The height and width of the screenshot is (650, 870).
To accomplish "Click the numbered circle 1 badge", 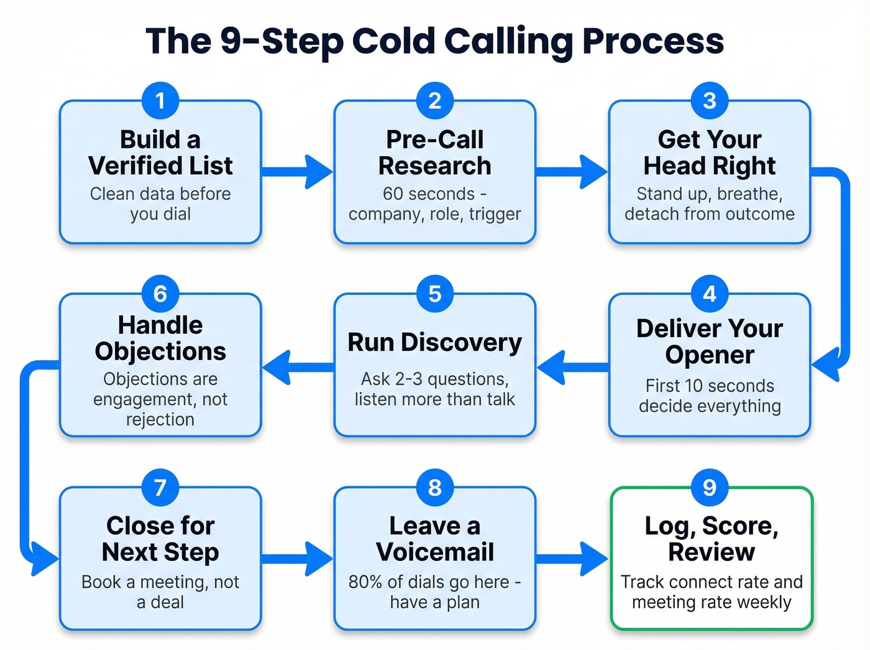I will tap(160, 101).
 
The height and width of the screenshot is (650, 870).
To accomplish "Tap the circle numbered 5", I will tap(435, 294).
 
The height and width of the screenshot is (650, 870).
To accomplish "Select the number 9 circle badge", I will tap(710, 488).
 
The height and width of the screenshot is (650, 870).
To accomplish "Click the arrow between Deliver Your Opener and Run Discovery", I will tap(572, 367).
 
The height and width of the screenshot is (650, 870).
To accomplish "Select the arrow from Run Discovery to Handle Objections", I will tap(297, 367).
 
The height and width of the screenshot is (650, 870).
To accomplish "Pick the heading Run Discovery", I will tap(435, 343).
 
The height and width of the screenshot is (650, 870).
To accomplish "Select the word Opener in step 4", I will tap(710, 355).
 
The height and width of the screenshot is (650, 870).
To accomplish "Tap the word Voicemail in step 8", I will tap(435, 552).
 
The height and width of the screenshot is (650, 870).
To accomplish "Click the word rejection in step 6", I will tap(160, 420).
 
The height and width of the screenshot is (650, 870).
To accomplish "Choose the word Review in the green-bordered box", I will tap(712, 552).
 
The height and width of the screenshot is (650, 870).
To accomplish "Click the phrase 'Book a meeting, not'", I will tap(160, 582).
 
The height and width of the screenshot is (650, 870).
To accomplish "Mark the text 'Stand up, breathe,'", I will tap(710, 194).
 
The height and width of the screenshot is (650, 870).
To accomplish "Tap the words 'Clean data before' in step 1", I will tap(160, 194).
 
